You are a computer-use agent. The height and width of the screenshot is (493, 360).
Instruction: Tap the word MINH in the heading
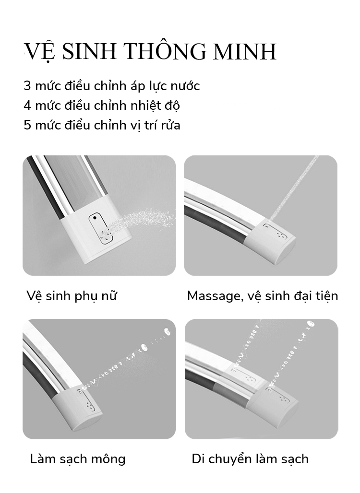pos(245,51)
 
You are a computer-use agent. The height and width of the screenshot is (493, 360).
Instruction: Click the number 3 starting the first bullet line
pos(27,86)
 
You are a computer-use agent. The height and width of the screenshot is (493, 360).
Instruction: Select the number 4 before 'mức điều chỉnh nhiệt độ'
pos(28,106)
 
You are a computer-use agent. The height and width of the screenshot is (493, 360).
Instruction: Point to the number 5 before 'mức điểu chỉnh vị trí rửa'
pos(27,125)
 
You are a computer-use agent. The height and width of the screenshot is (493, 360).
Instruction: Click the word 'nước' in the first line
pos(185,86)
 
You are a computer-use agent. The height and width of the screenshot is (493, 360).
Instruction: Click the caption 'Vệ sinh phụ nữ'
pos(72,296)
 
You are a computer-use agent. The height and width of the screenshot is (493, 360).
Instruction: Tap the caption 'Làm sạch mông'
pos(78,459)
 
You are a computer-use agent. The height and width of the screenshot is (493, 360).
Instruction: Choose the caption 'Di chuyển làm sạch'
pos(250,459)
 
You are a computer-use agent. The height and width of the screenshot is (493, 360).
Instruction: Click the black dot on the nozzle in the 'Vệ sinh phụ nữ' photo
pos(95,218)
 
